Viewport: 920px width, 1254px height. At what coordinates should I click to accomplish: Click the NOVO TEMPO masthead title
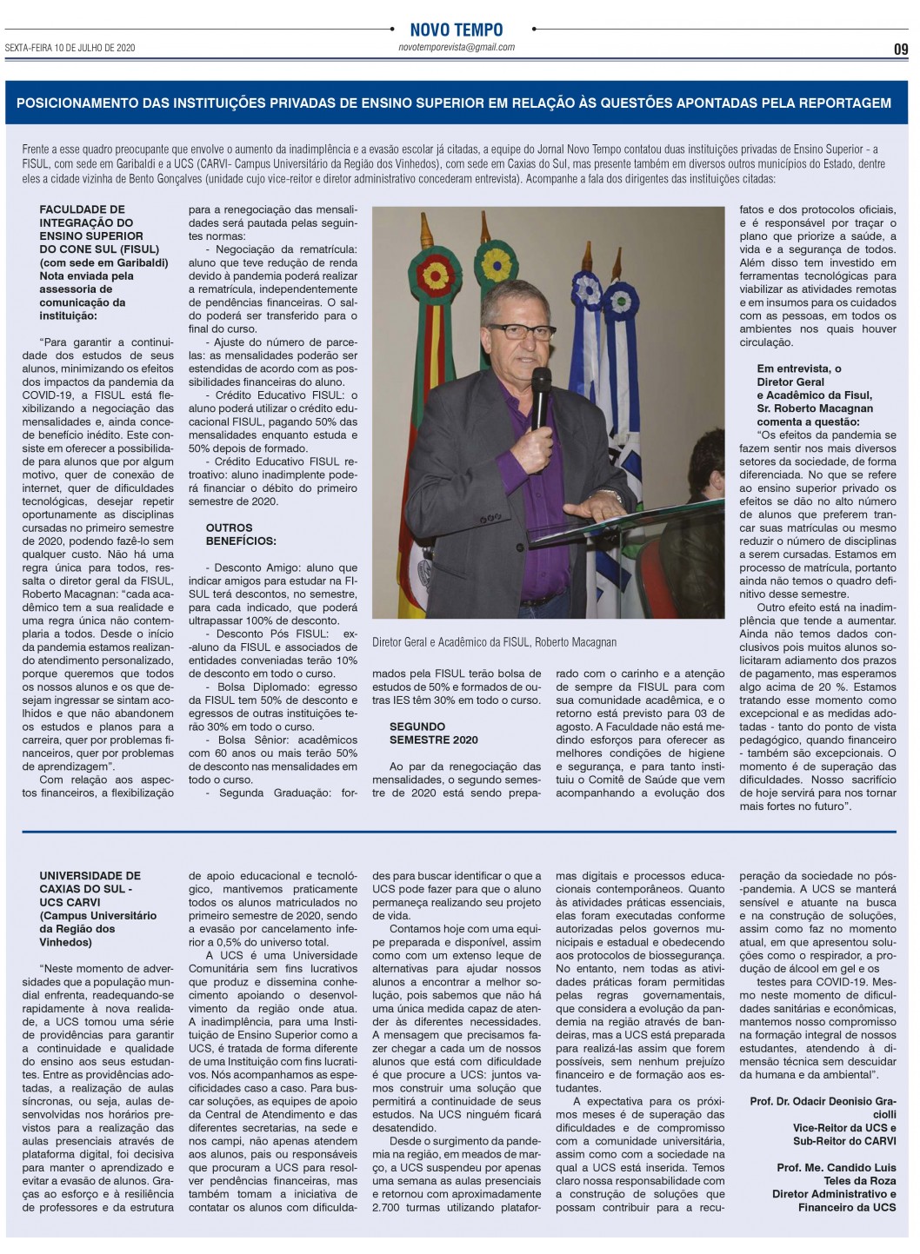point(456,30)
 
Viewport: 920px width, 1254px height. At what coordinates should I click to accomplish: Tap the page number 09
point(901,50)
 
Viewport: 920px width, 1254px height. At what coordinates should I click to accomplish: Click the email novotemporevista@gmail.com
point(456,48)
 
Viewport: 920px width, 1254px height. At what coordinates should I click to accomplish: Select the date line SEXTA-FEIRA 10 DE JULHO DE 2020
point(70,48)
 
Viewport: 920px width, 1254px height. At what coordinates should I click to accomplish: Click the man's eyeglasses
point(522,331)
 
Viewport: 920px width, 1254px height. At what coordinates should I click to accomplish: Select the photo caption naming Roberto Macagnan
point(494,642)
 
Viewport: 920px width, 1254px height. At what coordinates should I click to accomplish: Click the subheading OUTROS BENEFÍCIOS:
point(229,534)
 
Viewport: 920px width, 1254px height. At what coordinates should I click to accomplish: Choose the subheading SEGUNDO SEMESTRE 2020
point(433,733)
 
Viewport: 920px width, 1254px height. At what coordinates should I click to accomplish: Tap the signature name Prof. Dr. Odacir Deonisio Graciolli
point(823,1107)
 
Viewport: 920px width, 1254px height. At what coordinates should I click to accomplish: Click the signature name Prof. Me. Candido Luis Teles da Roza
point(836,1174)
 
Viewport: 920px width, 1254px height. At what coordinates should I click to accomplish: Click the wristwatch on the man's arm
point(616,497)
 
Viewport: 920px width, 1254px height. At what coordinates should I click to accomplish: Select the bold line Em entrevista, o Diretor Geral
point(798,375)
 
